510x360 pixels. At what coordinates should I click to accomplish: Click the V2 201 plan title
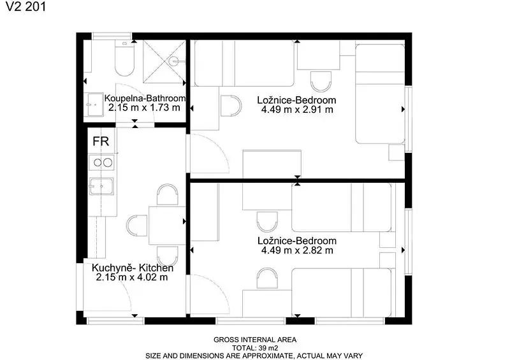(25, 6)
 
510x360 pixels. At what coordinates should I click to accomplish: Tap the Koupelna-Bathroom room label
(145, 98)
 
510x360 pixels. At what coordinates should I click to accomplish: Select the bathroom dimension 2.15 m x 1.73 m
(144, 108)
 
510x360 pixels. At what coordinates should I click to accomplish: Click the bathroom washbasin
(94, 104)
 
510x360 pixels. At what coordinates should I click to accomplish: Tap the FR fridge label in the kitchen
(101, 141)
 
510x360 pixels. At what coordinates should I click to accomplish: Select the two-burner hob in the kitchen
(101, 162)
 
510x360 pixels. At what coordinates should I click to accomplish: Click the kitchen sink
(101, 186)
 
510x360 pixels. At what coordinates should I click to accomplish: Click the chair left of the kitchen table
(137, 226)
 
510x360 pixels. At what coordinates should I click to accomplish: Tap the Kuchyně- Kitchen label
(133, 268)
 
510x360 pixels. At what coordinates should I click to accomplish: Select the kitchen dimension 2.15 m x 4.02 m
(132, 277)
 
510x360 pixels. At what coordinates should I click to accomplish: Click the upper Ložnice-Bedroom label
(296, 100)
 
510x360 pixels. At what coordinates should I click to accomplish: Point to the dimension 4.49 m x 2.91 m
(297, 110)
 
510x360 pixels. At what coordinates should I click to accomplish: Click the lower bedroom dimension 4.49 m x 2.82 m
(297, 250)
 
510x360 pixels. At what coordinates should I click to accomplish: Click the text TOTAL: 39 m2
(255, 348)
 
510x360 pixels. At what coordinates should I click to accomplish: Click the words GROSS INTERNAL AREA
(255, 340)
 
